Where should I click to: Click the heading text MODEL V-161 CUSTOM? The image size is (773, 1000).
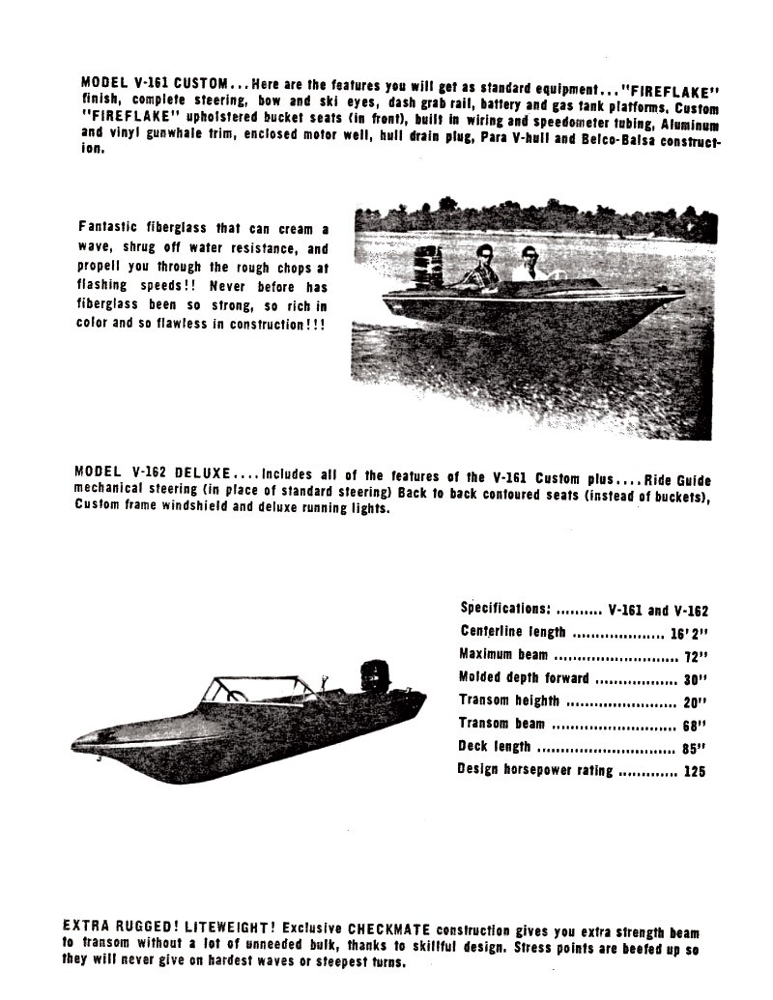click(x=156, y=84)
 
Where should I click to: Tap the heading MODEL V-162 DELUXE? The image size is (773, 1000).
click(x=152, y=473)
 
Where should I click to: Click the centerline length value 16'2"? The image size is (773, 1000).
click(x=689, y=635)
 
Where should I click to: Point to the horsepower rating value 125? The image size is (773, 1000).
click(x=694, y=772)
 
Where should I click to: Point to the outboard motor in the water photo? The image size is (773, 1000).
click(x=428, y=267)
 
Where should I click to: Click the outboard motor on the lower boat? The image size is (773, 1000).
click(x=375, y=676)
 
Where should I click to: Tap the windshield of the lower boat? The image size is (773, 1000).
click(x=256, y=690)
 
